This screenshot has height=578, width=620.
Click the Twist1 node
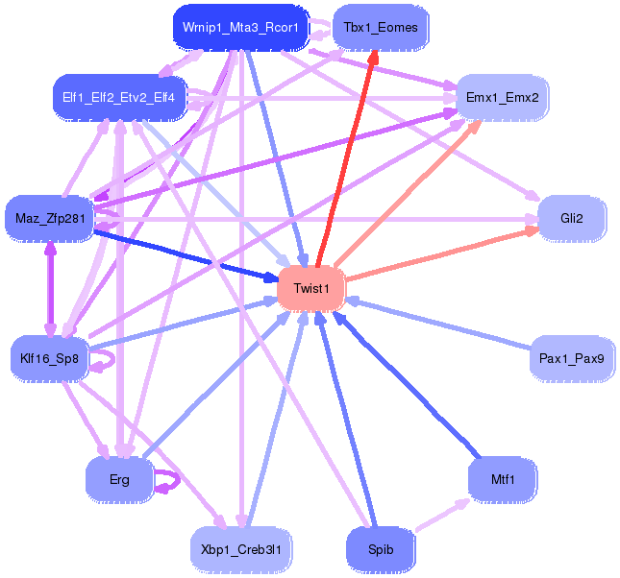[310, 288]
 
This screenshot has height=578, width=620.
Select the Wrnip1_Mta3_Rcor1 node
[240, 28]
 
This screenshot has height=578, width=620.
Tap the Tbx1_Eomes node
[381, 28]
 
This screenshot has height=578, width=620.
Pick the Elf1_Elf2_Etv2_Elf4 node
[119, 98]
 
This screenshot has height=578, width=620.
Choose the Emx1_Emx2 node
[502, 98]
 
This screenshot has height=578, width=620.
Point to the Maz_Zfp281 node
[50, 219]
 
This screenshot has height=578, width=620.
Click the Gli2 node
[572, 219]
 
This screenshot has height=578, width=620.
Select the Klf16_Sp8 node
[49, 359]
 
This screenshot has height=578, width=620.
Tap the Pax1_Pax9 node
[572, 359]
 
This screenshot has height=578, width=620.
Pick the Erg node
[119, 480]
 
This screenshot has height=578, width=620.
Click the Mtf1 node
[503, 480]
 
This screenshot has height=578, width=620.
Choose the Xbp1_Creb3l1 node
[241, 549]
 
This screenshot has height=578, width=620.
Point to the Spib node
[381, 549]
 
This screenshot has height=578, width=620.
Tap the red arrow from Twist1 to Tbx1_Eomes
[345, 158]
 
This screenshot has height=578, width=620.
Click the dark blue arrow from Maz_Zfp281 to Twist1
[186, 256]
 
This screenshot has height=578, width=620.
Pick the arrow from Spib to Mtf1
[442, 515]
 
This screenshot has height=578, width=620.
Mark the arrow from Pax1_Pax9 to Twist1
[438, 324]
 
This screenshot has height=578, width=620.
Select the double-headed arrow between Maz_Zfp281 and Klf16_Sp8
[50, 289]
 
